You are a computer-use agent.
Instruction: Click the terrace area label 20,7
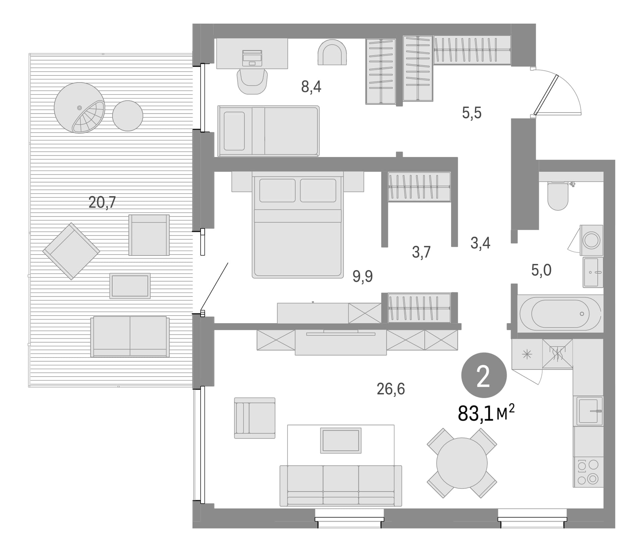click(x=102, y=202)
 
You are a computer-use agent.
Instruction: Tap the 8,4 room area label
click(x=311, y=87)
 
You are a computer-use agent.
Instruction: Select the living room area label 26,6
click(x=391, y=389)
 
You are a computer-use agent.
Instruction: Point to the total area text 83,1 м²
click(x=486, y=413)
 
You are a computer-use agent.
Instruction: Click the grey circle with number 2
click(x=484, y=375)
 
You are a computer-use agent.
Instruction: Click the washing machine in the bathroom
click(x=591, y=240)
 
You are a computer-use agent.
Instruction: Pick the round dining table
click(x=462, y=463)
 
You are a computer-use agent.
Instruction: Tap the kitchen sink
click(x=590, y=411)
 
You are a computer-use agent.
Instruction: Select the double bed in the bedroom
click(x=298, y=225)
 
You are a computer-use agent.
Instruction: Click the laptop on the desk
click(x=252, y=58)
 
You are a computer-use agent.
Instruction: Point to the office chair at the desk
click(x=252, y=81)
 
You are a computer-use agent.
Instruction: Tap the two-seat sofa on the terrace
click(x=130, y=336)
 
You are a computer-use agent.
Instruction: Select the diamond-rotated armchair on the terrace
click(x=71, y=251)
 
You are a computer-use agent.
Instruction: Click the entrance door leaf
click(x=546, y=95)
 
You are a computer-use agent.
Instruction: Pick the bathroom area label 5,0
click(x=541, y=270)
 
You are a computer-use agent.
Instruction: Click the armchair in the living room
click(x=255, y=418)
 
